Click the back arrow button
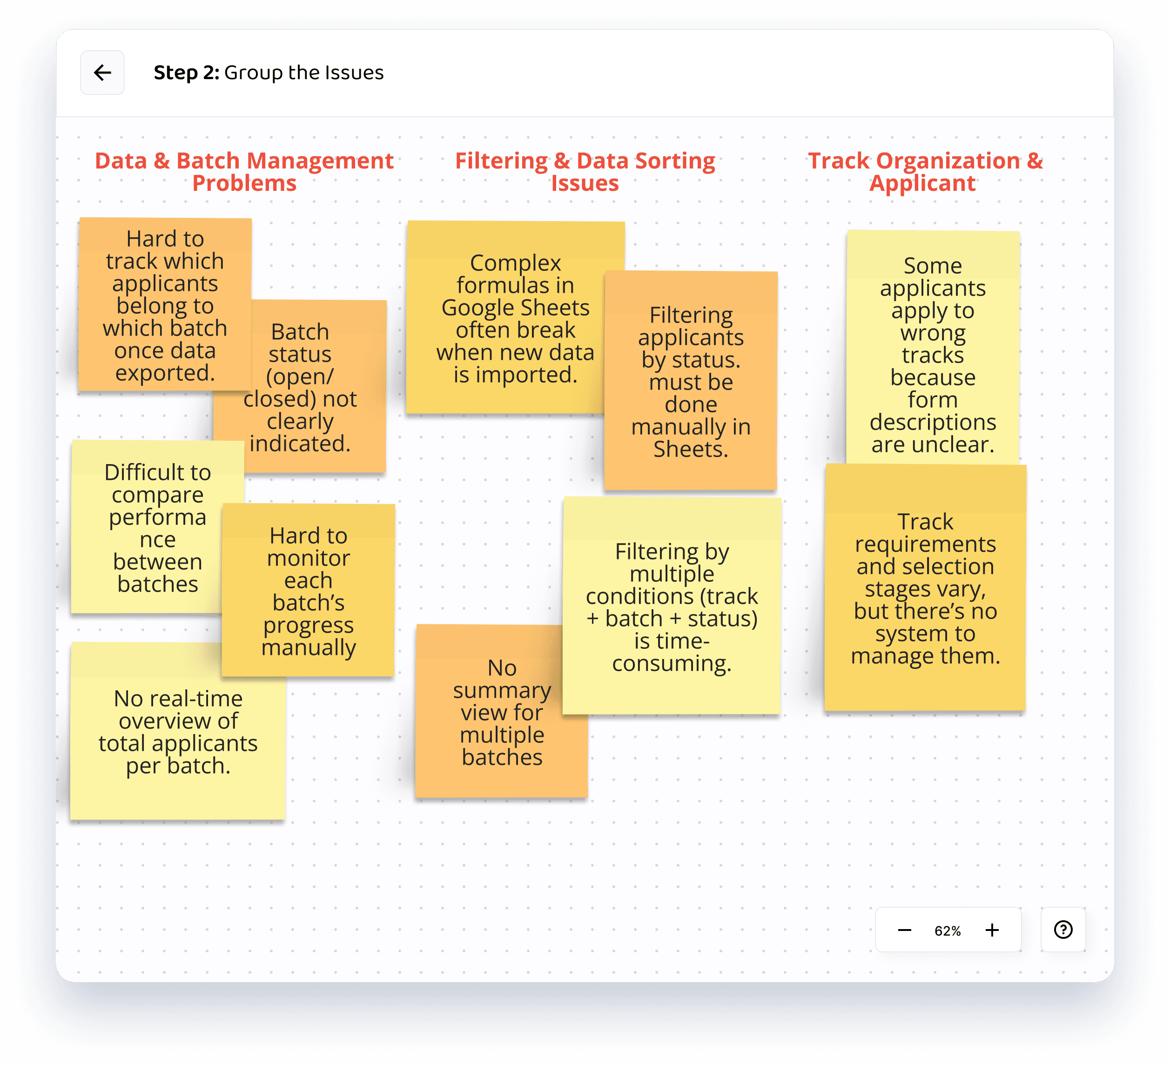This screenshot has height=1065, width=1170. point(102,73)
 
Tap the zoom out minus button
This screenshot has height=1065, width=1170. point(904,930)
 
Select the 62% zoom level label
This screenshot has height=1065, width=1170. point(947,931)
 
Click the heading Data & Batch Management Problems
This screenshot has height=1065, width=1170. point(244,172)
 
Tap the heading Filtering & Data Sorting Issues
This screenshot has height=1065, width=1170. point(585,172)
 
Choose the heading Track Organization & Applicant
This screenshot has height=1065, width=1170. point(925,172)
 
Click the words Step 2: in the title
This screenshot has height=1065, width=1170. point(186,73)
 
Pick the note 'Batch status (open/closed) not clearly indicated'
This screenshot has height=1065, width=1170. point(313,406)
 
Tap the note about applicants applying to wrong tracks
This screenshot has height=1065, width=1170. point(933,354)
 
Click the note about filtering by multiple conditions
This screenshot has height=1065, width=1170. point(672,607)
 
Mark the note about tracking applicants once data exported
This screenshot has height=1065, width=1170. point(165,305)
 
